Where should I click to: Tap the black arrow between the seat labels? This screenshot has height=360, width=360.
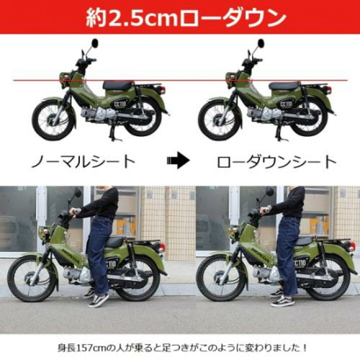[178, 161]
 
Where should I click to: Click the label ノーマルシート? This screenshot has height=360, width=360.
[83, 161]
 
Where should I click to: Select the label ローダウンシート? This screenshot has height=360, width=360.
[276, 161]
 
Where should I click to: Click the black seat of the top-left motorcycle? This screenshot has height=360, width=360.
[118, 85]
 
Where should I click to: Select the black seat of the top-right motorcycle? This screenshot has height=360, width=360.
[284, 85]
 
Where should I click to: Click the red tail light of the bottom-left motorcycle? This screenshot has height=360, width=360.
[161, 247]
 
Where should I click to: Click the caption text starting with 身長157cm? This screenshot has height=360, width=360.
[180, 346]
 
